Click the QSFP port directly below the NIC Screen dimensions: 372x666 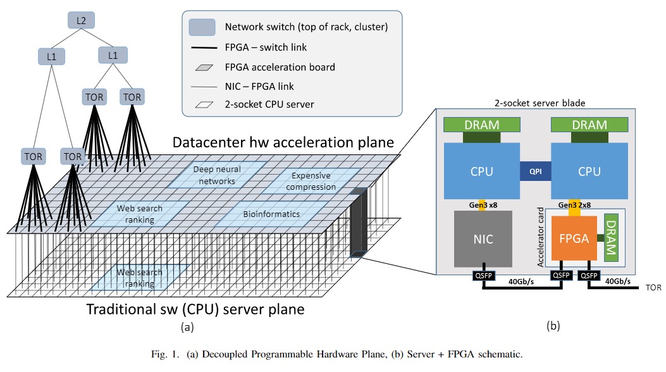click(x=484, y=275)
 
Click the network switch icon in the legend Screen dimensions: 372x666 click(x=202, y=27)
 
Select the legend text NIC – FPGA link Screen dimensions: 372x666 click(x=269, y=86)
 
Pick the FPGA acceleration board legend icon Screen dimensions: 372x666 click(x=202, y=67)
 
